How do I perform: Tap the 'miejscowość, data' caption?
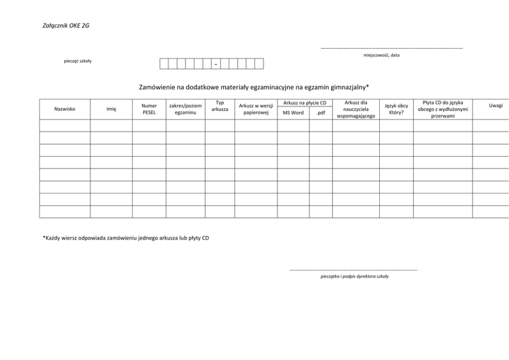(381, 55)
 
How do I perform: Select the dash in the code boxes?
(216, 64)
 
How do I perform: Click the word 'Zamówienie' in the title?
(156, 87)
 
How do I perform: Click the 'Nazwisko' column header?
(65, 109)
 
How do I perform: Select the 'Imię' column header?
(111, 109)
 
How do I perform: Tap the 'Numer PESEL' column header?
(149, 109)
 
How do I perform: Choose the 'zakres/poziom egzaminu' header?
(185, 109)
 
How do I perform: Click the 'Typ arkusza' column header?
(220, 106)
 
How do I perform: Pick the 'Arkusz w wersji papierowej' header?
(256, 109)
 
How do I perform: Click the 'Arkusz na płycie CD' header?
(304, 103)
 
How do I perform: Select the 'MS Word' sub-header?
(293, 113)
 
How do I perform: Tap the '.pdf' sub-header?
(321, 113)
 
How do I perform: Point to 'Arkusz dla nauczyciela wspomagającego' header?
(355, 109)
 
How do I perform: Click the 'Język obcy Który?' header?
(396, 109)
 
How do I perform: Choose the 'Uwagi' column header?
(496, 105)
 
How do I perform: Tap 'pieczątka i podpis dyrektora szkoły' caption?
(354, 276)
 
